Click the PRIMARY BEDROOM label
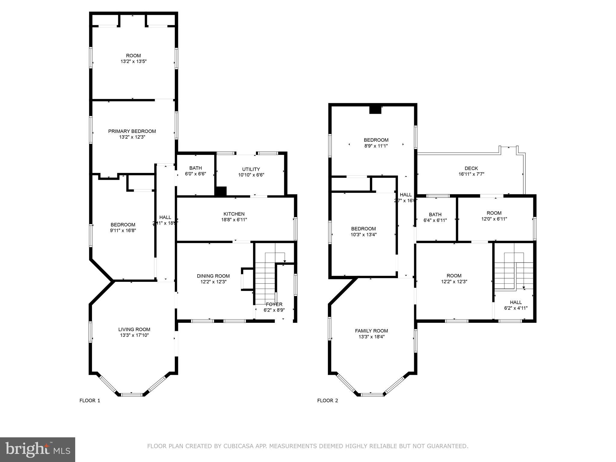[x=132, y=131]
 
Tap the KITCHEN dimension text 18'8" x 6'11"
[x=234, y=220]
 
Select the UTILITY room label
[x=251, y=169]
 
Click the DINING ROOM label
[x=213, y=276]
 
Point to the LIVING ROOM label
[x=134, y=329]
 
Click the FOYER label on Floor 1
[x=274, y=304]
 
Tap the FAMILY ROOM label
[x=371, y=331]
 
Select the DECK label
[x=471, y=168]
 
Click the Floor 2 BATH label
[x=435, y=214]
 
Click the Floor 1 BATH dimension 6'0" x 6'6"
[x=196, y=174]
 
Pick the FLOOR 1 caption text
[x=90, y=400]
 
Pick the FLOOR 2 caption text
[x=328, y=400]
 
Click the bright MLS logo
[x=38, y=450]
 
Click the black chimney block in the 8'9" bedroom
[x=375, y=110]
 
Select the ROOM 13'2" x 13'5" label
[x=133, y=56]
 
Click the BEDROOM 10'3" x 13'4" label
[x=363, y=229]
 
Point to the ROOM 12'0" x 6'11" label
[x=494, y=213]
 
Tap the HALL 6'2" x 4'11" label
[x=516, y=302]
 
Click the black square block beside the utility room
[x=221, y=192]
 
